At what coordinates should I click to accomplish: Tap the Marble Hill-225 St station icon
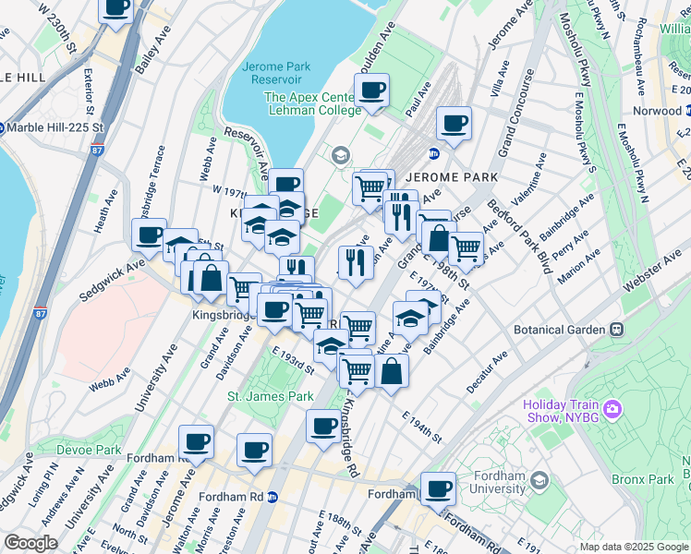(2, 126)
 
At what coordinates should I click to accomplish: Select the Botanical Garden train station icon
(614, 329)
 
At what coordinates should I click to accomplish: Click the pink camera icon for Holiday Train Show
(611, 408)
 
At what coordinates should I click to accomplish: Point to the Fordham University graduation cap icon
(540, 480)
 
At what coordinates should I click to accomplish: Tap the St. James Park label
(271, 396)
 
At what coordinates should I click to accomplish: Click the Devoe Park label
(95, 450)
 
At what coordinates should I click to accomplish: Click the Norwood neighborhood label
(656, 111)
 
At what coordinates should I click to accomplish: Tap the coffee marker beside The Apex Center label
(371, 90)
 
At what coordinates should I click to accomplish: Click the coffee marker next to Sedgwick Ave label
(150, 235)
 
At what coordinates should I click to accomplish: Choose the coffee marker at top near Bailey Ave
(116, 7)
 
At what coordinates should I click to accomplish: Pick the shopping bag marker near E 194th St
(392, 372)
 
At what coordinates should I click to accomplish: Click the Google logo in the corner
(30, 543)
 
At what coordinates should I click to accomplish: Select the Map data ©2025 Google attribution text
(633, 546)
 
